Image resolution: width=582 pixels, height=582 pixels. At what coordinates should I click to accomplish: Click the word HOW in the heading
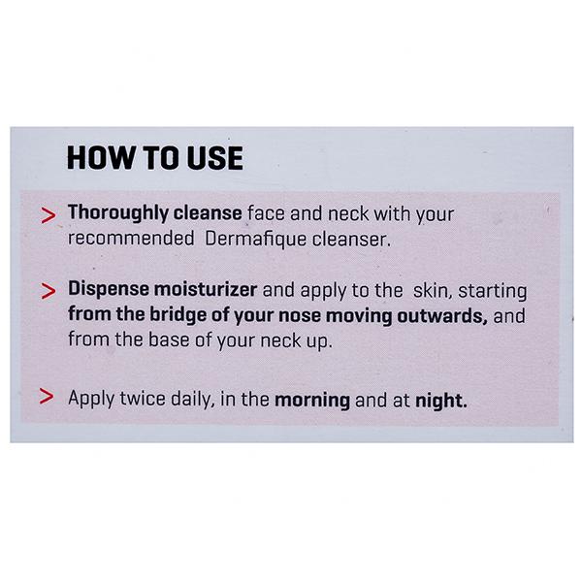(100, 158)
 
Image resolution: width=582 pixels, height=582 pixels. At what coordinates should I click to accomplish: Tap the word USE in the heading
(215, 158)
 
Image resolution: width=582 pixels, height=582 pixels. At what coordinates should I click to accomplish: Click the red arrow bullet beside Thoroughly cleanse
(48, 215)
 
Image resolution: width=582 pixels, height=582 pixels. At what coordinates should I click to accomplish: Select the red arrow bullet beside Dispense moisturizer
(48, 291)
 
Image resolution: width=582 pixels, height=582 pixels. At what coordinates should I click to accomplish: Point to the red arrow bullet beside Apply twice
(47, 396)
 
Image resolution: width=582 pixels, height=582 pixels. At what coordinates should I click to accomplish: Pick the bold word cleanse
(208, 213)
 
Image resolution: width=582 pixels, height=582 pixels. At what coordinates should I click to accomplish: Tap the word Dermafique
(255, 239)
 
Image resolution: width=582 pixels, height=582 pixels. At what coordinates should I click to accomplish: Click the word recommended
(131, 238)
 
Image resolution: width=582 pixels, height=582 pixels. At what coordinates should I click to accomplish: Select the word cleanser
(351, 239)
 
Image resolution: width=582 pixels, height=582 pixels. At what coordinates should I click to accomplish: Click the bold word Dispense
(109, 289)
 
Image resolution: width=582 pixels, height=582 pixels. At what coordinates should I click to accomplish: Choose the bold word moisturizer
(206, 289)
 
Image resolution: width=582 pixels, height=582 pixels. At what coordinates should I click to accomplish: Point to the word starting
(492, 291)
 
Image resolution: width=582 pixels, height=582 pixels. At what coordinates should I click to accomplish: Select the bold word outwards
(442, 315)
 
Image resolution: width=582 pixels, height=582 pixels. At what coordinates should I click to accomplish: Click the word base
(169, 339)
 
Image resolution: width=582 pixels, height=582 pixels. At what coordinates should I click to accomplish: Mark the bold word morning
(312, 401)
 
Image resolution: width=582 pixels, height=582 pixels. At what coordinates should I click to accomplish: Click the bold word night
(441, 401)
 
